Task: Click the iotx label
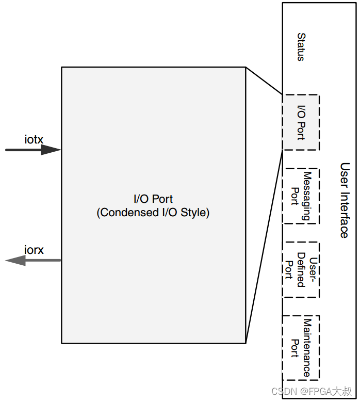34,139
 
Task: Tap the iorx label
34,250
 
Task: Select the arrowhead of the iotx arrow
51,150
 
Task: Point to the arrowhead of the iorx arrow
15,260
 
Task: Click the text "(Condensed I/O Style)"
153,213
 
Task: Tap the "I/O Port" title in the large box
153,199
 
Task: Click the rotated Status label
301,47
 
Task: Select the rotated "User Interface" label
345,200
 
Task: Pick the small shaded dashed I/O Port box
301,122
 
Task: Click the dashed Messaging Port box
301,196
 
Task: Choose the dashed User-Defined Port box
301,269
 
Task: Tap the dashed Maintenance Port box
301,348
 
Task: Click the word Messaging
307,196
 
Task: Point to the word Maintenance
307,348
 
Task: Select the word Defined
301,270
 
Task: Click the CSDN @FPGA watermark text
312,391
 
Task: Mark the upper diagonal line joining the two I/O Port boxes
264,81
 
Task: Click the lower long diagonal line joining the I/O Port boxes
264,247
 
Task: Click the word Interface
345,214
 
